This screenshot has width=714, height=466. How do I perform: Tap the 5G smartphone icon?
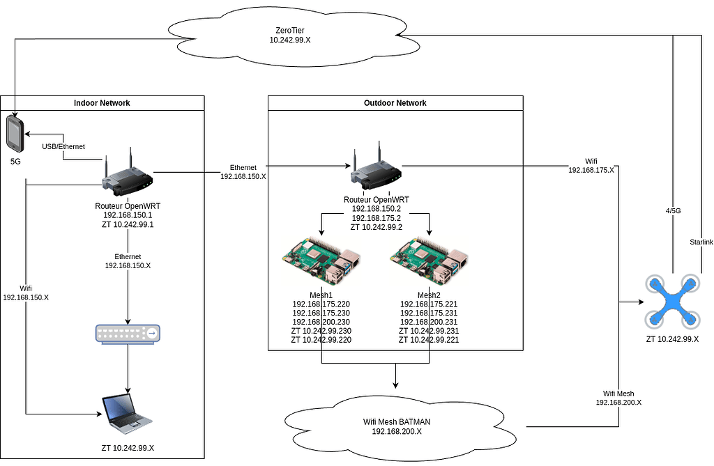coord(15,134)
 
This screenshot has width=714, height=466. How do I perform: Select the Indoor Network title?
coord(102,103)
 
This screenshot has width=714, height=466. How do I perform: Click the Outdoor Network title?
coord(395,103)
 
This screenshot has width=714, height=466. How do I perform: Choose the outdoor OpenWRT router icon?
coord(376,169)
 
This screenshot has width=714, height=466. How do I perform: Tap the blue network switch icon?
coord(128,334)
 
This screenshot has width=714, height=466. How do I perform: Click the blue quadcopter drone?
coord(672,302)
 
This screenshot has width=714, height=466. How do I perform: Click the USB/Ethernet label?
coord(63,146)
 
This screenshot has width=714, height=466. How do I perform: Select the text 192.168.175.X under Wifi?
coord(592,169)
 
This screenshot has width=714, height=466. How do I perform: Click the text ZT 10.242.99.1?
coord(128,225)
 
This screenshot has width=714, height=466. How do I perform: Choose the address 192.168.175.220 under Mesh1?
coord(321,304)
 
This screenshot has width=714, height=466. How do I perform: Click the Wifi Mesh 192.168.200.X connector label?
coord(618,398)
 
